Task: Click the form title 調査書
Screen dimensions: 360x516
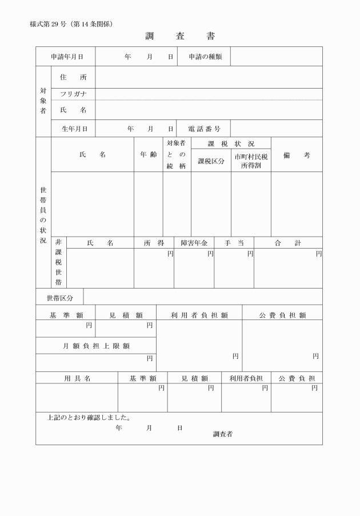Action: (180, 37)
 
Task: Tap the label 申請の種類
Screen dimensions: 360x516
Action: (204, 57)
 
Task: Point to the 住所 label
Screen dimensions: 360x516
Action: (73, 77)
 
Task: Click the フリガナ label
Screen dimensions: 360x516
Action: (73, 94)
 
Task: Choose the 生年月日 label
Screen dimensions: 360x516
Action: (74, 129)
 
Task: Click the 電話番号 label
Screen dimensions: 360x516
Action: (204, 129)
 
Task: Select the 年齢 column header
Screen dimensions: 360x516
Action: (149, 155)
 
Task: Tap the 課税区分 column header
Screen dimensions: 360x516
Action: (211, 161)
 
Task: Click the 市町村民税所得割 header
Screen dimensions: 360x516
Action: (251, 161)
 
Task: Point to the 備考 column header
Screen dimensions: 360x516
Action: (296, 155)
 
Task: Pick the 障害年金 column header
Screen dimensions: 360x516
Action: (194, 243)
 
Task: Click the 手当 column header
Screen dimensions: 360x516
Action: (234, 243)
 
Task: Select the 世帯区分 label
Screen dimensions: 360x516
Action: (59, 297)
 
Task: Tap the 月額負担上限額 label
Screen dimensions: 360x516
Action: (96, 345)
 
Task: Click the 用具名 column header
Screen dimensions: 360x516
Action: (77, 378)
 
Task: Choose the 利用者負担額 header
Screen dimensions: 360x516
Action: (199, 314)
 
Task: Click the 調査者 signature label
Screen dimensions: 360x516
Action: (222, 434)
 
